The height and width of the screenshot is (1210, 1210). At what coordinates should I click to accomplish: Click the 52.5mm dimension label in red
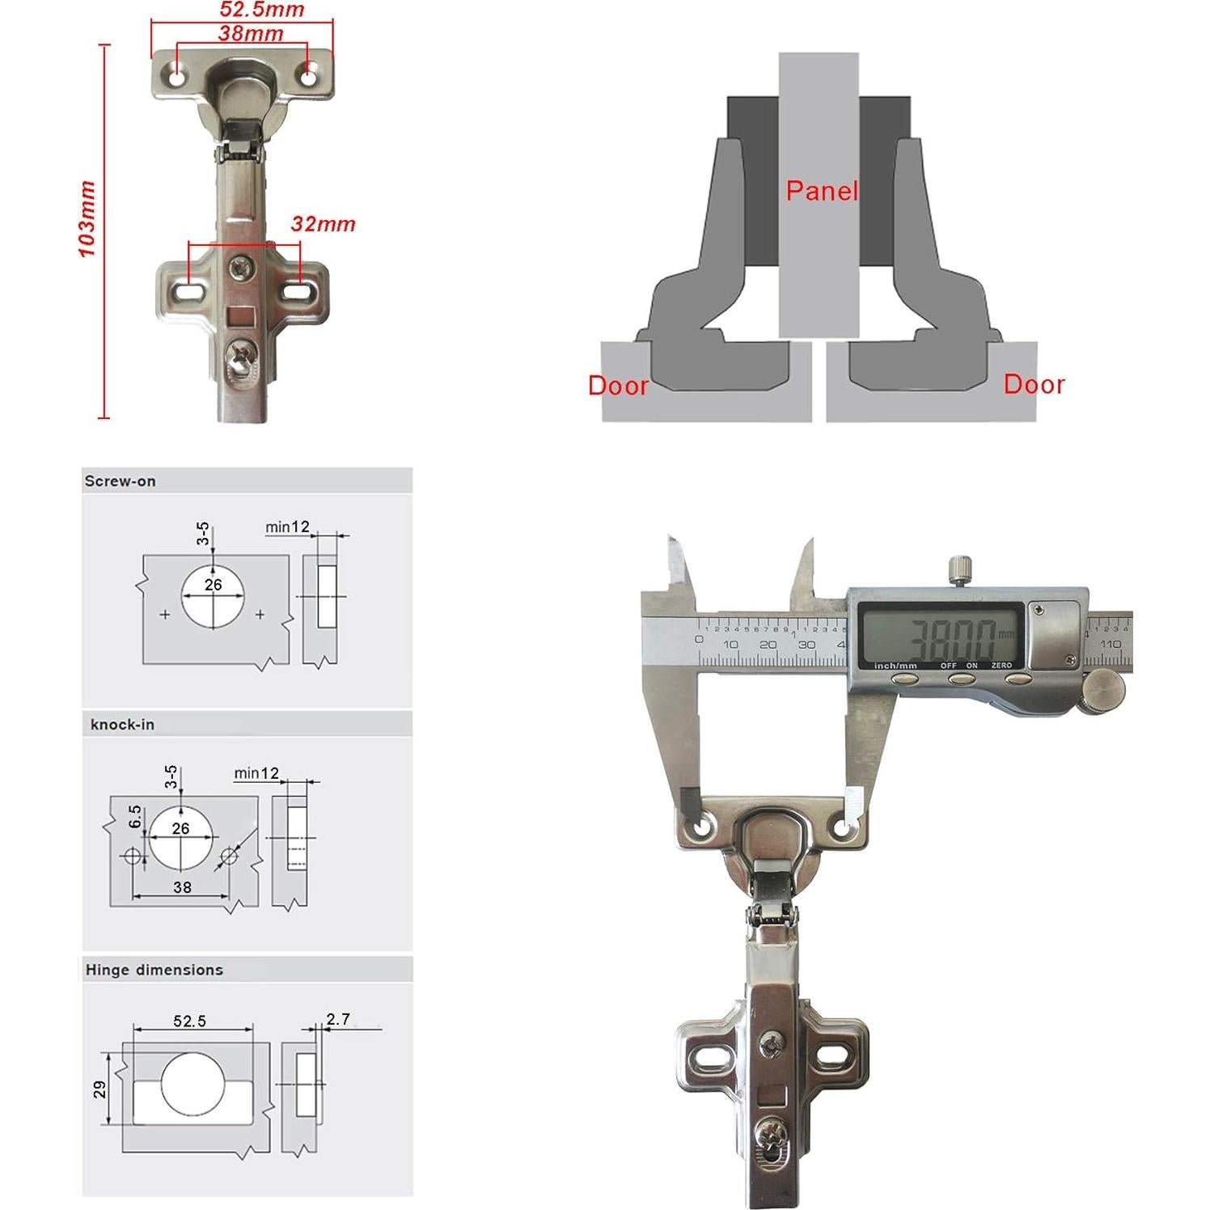tap(262, 11)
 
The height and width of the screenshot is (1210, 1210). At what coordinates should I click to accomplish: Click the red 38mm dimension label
tap(251, 34)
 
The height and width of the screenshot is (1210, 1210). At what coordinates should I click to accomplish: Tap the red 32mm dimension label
tap(323, 224)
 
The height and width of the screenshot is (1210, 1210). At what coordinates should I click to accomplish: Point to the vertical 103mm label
tap(87, 219)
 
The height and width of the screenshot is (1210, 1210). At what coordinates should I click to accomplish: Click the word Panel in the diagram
tap(822, 191)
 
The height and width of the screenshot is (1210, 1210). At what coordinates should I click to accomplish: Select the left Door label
tap(618, 386)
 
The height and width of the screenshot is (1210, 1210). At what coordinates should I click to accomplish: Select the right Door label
tap(1034, 384)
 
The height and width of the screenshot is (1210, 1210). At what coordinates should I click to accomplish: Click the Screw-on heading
tap(120, 481)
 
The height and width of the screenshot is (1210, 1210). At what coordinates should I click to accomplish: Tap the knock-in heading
tap(122, 725)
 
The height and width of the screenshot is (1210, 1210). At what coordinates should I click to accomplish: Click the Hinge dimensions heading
tap(154, 970)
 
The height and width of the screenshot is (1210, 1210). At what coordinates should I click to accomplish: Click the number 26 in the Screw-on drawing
tap(213, 584)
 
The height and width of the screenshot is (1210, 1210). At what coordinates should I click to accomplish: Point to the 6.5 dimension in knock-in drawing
tap(135, 816)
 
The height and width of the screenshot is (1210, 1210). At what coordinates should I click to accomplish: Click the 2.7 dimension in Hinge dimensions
tap(338, 1019)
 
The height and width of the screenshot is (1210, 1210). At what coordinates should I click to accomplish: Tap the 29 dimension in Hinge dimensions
tap(100, 1089)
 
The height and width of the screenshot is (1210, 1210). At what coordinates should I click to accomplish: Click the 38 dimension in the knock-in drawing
tap(182, 887)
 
